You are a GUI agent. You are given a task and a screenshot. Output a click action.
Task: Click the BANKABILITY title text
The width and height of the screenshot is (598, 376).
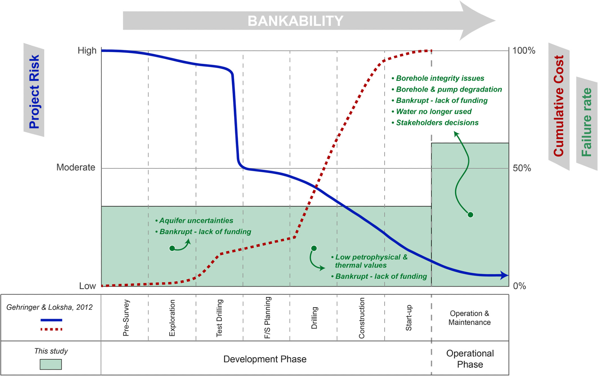coord(295,21)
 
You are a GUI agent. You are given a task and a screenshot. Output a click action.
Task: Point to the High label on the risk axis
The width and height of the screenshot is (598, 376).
coord(87,51)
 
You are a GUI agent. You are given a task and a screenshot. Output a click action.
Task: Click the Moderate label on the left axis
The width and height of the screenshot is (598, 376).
coord(76,167)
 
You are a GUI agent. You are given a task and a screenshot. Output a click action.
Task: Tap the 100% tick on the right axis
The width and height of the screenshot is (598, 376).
coord(524,51)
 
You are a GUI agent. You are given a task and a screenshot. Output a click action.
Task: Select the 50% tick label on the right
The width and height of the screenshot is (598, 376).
coord(522,168)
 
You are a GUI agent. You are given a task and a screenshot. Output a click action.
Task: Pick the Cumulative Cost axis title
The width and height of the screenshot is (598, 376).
coord(559,106)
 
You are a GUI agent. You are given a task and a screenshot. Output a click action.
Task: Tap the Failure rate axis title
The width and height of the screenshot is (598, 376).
coord(586,122)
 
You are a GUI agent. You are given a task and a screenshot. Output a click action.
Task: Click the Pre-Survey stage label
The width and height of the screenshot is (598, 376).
coord(126,318)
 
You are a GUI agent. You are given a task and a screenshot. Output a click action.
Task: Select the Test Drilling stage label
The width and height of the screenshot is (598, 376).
coord(219,318)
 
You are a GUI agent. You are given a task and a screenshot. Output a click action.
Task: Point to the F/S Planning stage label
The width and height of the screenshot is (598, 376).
coord(267,318)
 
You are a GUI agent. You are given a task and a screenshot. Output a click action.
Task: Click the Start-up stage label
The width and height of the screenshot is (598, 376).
coord(408,318)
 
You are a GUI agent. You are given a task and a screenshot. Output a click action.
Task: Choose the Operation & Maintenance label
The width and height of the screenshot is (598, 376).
coord(469,318)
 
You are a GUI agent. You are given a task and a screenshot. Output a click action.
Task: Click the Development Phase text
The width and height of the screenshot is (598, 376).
coord(265,359)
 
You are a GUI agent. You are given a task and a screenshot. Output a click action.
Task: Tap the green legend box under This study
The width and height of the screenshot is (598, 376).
coord(51,364)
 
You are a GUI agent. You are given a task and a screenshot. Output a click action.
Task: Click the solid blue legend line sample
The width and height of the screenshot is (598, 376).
coord(51,320)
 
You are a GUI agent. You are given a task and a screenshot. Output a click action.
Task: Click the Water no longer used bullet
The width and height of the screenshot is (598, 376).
coord(434,112)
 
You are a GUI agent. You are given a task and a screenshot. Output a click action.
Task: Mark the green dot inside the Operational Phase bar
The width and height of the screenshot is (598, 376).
coord(470,215)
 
